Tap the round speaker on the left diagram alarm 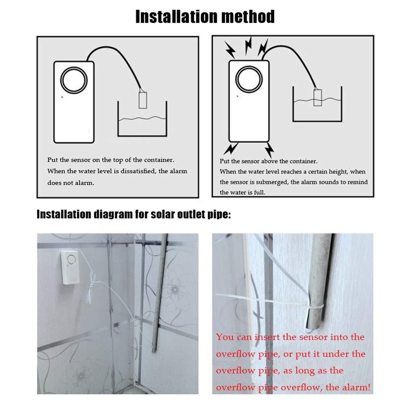click(73, 80)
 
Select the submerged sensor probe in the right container click(317, 97)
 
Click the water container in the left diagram click(143, 120)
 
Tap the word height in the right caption click(335, 172)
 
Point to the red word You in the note click(225, 337)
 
